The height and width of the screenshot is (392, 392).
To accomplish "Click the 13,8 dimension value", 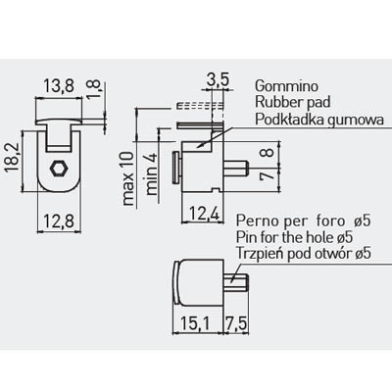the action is pos(59,86).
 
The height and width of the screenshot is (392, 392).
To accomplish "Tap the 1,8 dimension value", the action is pos(94,88).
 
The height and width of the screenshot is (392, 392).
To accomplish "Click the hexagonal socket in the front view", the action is pos(59,169).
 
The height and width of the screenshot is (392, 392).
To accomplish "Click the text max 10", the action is pos(128,178).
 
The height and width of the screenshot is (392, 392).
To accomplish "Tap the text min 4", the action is pos(151,173).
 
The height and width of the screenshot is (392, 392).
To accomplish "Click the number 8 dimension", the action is pos(269,153).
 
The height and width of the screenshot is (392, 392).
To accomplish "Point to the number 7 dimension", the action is pos(269,175).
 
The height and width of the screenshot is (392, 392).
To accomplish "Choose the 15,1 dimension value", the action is pos(196,324).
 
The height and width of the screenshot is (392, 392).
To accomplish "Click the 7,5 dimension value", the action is pos(236,324).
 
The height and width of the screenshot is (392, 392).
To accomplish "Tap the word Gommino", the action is pos(286,86).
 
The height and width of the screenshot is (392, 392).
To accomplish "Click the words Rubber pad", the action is pos(293,102).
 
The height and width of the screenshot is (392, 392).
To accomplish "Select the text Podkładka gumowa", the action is pos(319,120).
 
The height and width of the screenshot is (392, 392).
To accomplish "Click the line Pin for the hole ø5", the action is pos(295,237).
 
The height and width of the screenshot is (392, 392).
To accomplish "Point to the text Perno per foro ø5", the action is pos(304,221).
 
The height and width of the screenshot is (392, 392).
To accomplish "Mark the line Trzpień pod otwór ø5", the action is pos(304,254).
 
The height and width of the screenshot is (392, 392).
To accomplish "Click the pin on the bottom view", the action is pos(236,283).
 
